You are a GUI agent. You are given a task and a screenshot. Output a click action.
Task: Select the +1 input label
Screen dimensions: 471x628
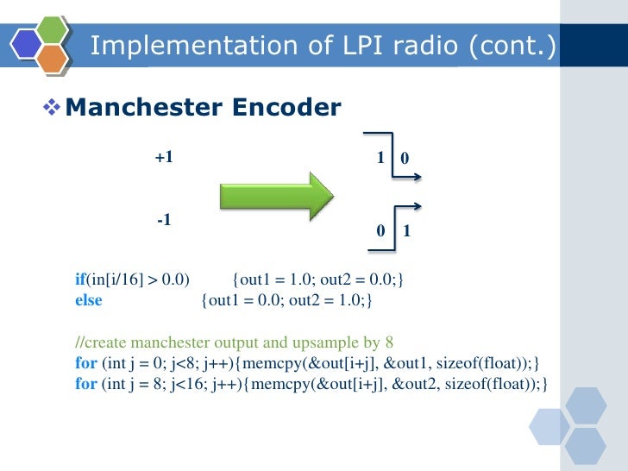(x=164, y=158)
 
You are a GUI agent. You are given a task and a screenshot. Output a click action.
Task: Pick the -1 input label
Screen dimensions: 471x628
(x=164, y=221)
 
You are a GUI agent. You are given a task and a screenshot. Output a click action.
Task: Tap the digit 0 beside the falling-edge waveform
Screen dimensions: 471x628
(x=405, y=159)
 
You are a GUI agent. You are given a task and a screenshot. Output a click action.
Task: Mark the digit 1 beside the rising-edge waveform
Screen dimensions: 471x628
(x=406, y=232)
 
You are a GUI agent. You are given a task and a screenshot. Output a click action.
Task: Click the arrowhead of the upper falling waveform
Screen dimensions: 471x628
(x=418, y=179)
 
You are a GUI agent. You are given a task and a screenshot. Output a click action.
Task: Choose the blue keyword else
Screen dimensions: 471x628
(x=88, y=300)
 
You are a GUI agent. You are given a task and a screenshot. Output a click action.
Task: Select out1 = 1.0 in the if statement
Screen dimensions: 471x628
(x=277, y=279)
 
